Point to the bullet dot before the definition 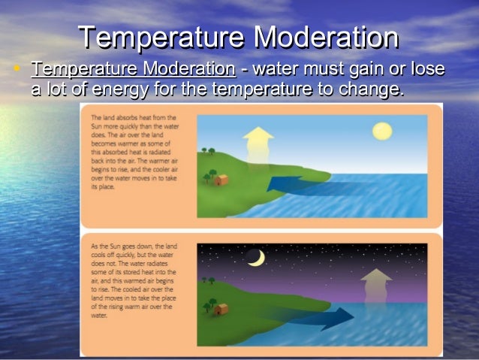pyautogui.click(x=17, y=69)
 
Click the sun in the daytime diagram pyautogui.click(x=383, y=132)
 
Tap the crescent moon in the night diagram pyautogui.click(x=257, y=258)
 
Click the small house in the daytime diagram pyautogui.click(x=220, y=180)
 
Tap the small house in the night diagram pyautogui.click(x=220, y=309)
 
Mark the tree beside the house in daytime pyautogui.click(x=207, y=178)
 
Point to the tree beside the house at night pyautogui.click(x=206, y=307)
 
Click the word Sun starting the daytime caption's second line pyautogui.click(x=95, y=127)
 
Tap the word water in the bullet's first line pyautogui.click(x=277, y=70)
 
